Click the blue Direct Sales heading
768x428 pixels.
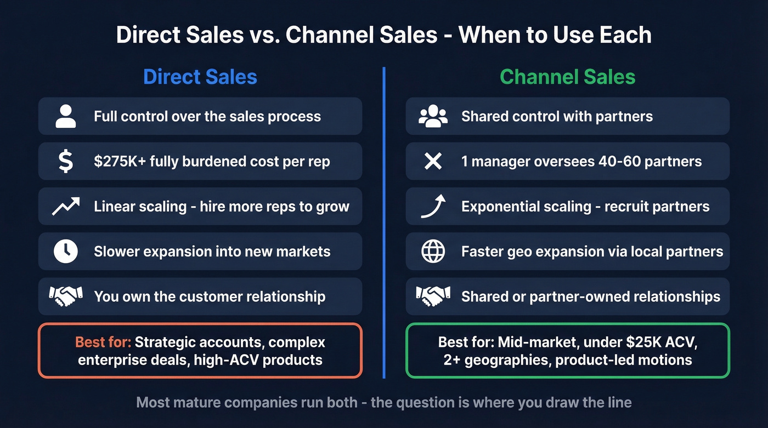(200, 77)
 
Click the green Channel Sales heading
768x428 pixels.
(567, 77)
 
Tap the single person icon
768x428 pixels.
(66, 116)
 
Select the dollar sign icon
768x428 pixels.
(66, 162)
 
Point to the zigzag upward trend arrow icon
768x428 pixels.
(66, 207)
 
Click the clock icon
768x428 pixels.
(66, 252)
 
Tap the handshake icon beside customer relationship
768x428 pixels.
(66, 296)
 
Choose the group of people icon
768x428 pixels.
(433, 116)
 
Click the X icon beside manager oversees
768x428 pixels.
(433, 162)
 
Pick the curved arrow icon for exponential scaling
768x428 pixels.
(433, 207)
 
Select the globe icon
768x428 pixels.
(433, 252)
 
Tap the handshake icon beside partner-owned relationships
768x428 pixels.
(433, 296)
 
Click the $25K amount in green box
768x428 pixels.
(631, 343)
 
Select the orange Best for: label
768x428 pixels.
(103, 343)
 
